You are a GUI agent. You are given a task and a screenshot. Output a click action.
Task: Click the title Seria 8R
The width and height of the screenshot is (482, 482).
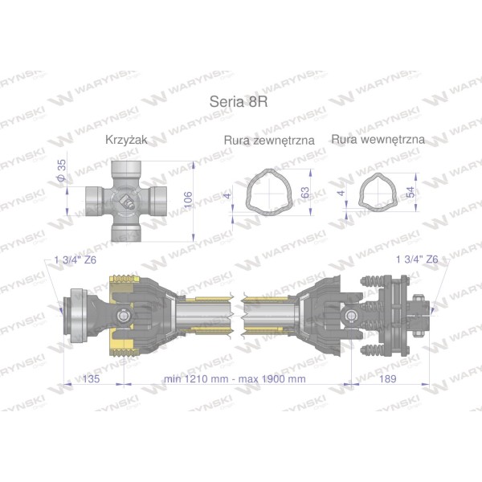coord(239,101)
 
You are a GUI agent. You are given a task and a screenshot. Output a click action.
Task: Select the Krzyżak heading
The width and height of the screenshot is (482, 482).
coord(126,140)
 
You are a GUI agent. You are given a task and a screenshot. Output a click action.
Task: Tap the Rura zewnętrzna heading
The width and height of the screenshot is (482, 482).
coord(269,140)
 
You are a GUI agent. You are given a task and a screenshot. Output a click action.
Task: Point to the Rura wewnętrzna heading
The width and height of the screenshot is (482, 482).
coord(378,140)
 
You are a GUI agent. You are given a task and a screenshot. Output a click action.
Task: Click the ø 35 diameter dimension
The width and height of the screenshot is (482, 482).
coord(62,170)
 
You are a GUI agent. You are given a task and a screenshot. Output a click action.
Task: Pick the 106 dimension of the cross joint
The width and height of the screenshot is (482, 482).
coord(188,200)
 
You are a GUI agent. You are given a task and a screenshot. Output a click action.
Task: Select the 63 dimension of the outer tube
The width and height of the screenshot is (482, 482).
coord(305,193)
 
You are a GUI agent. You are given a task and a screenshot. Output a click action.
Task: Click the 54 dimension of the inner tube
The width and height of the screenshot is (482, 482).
coord(411,192)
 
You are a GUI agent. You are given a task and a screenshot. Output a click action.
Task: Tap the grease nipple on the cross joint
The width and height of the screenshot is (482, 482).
coord(128,202)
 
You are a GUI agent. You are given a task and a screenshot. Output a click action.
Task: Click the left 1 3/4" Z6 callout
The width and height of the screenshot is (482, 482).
coord(76,260)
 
